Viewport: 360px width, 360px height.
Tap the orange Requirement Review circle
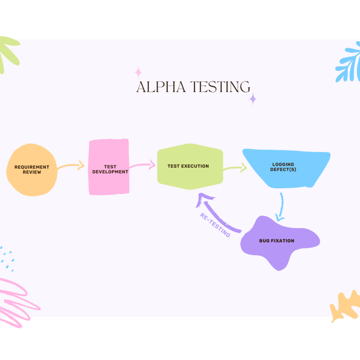point(32,170)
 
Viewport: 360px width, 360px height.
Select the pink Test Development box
point(109,167)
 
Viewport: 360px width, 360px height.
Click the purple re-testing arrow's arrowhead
point(202,200)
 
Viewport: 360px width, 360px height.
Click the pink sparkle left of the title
point(138,72)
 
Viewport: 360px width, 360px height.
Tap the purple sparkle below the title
point(252,99)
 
